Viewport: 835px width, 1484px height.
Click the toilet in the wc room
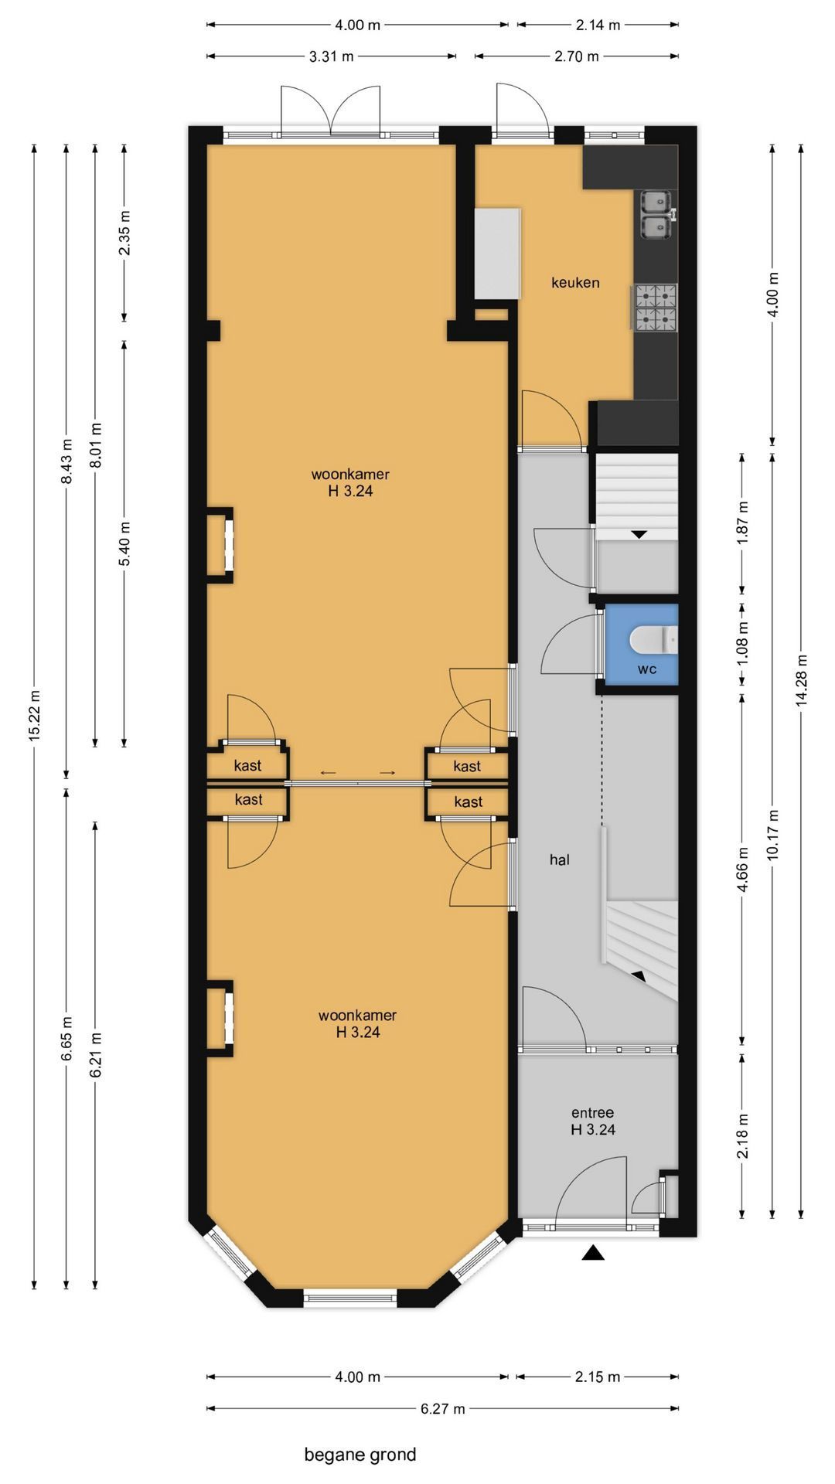654,639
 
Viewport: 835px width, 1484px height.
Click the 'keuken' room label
575,283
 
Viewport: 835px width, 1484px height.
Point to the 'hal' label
560,859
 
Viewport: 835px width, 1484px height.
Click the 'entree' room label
593,1113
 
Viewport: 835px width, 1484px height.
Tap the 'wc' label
647,669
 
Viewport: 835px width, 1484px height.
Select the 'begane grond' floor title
360,1455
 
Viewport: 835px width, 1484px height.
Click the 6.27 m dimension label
443,1409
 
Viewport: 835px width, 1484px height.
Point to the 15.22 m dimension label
34,715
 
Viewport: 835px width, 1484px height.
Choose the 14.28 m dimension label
801,680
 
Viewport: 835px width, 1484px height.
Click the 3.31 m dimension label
332,56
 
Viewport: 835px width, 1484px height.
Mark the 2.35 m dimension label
124,233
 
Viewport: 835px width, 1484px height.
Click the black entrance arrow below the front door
593,1253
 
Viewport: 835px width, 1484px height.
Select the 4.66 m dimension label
743,870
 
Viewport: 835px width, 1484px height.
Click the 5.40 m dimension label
124,543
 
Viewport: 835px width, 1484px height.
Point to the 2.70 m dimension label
577,56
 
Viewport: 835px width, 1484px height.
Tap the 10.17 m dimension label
772,835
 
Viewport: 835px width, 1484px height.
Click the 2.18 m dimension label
743,1136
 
